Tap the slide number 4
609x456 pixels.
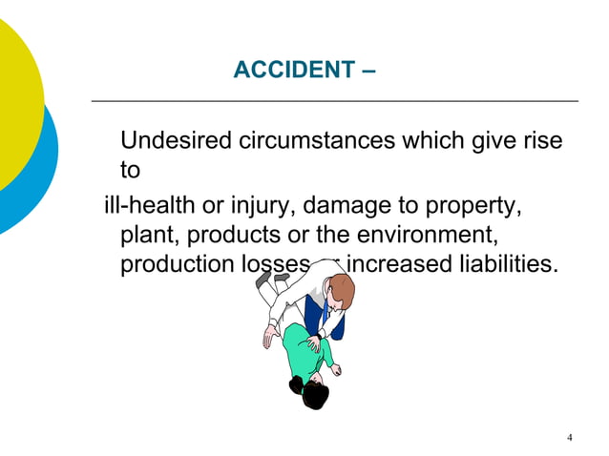[x=570, y=438]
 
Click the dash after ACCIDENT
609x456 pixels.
[x=369, y=71]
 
